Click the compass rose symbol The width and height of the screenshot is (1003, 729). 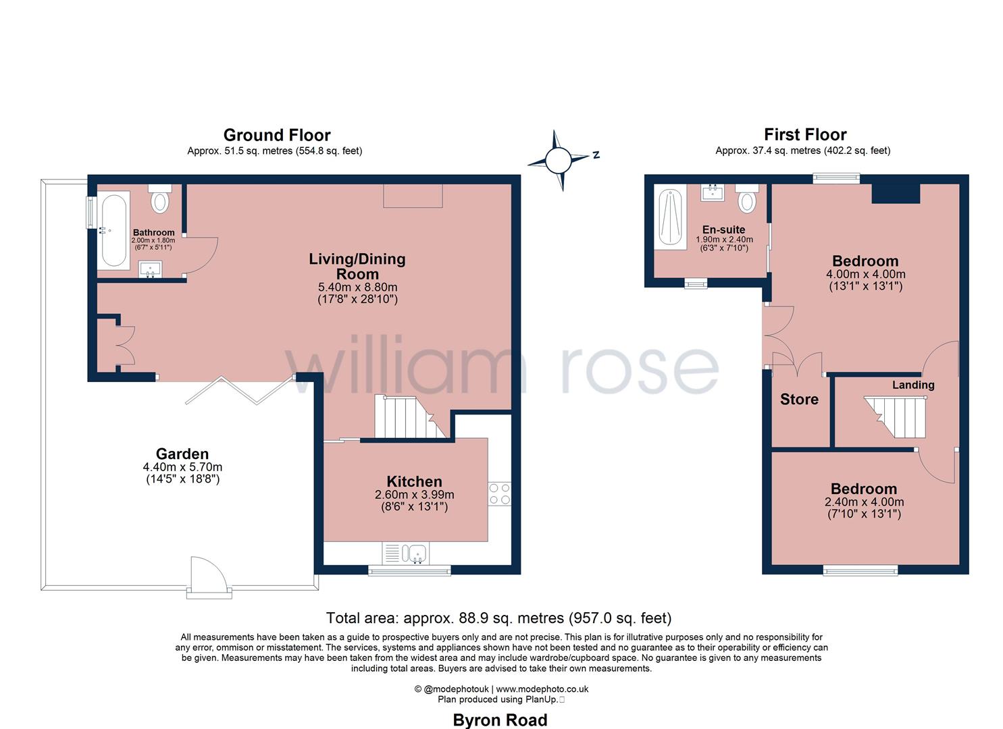click(559, 161)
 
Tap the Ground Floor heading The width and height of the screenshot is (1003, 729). click(277, 135)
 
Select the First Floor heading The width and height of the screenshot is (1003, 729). click(805, 134)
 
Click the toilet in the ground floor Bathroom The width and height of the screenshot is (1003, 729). click(160, 199)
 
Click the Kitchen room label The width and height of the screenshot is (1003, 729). click(414, 481)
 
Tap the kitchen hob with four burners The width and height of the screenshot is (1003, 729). click(499, 493)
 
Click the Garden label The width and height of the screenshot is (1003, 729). click(182, 454)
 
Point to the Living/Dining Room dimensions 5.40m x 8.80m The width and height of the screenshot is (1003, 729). click(357, 287)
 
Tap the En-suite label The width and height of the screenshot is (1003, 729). click(723, 230)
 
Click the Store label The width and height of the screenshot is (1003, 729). click(799, 400)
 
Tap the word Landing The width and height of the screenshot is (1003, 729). click(913, 385)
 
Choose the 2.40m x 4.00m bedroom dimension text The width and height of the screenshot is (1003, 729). click(864, 502)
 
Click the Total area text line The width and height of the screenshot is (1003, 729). click(498, 618)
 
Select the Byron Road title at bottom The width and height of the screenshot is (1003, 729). click(500, 720)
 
